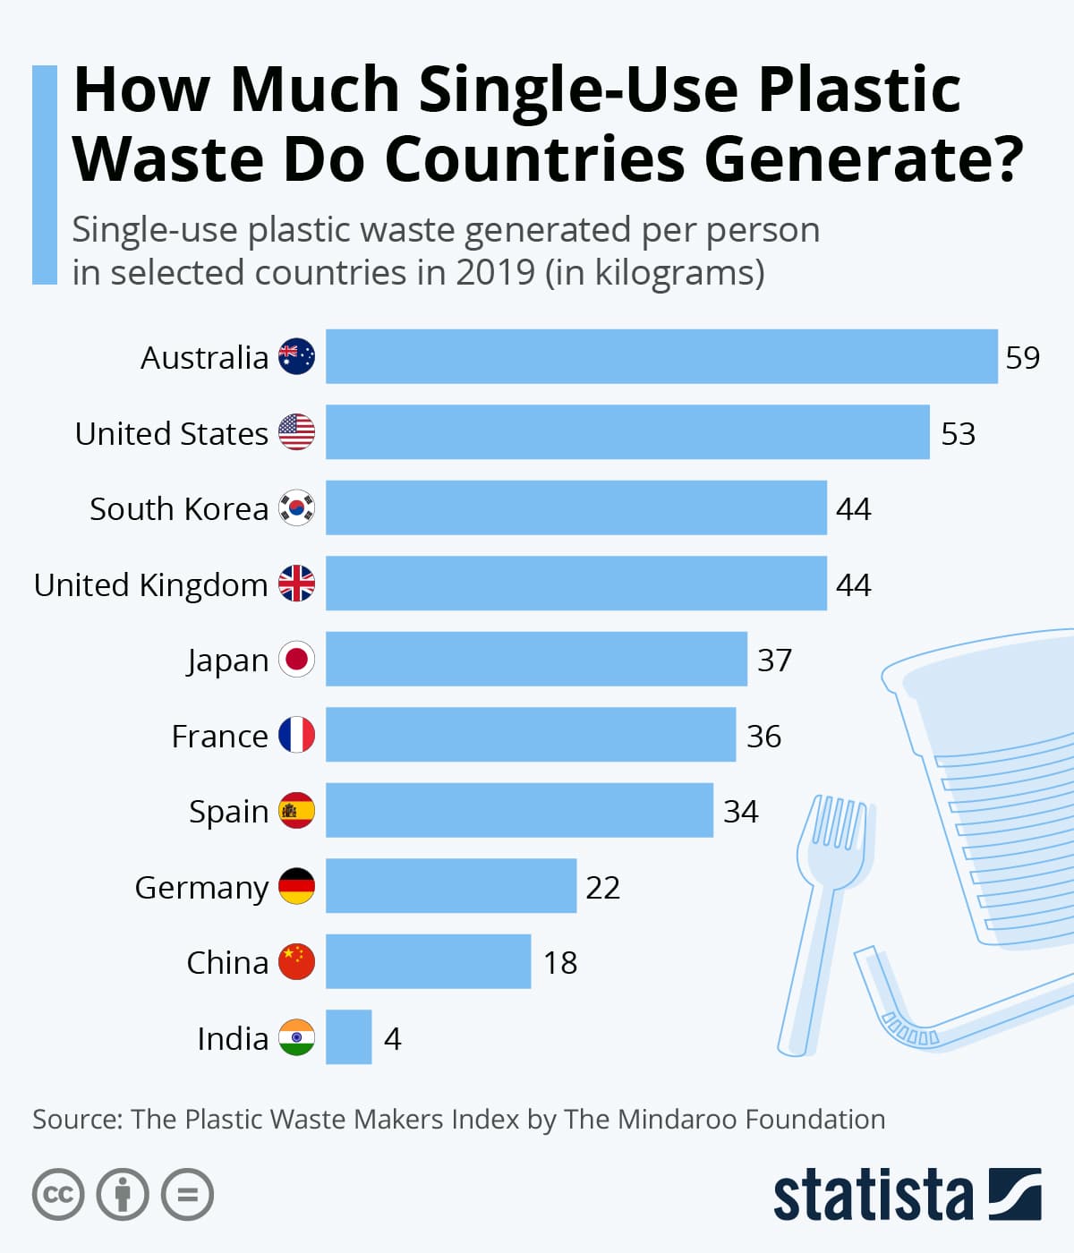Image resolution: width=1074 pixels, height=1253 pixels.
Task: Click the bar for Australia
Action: [x=661, y=356]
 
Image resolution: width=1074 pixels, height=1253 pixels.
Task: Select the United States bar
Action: [x=627, y=432]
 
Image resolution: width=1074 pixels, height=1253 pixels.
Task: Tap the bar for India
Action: [x=348, y=1037]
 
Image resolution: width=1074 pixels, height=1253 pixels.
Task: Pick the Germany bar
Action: [x=451, y=886]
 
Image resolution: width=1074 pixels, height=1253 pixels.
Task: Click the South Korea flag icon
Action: [x=296, y=508]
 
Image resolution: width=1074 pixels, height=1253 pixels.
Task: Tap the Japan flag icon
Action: [x=296, y=660]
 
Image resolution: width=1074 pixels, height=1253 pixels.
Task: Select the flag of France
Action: [x=296, y=735]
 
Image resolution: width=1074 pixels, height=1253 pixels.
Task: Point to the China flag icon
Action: [x=296, y=962]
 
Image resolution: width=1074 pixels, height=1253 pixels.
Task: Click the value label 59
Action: [x=1022, y=358]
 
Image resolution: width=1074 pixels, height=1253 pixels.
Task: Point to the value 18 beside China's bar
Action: [x=560, y=963]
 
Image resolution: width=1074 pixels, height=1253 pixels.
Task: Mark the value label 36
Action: [x=763, y=737]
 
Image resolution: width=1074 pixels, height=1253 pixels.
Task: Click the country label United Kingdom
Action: [x=150, y=585]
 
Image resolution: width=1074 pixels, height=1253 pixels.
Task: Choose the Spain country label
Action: [x=228, y=812]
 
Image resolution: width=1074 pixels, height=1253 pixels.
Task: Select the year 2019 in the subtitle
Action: [x=495, y=273]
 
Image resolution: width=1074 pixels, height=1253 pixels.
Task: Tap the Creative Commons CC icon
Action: [x=58, y=1195]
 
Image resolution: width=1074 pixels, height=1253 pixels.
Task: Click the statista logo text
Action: [x=873, y=1195]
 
